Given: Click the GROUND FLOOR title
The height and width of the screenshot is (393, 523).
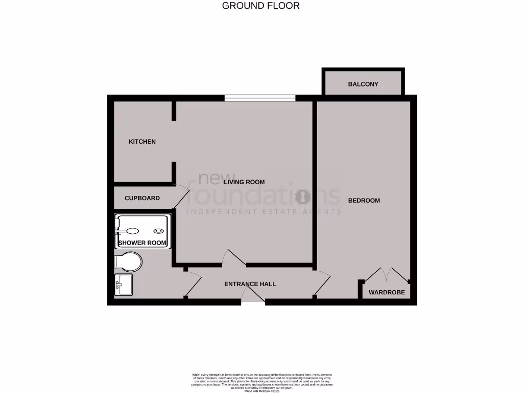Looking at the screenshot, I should coord(261,6).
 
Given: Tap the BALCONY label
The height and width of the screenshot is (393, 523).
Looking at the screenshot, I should coord(363,84).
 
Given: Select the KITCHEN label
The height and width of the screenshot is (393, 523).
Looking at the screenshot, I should coord(142,142).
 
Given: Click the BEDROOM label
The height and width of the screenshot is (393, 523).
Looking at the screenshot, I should coord(364,201).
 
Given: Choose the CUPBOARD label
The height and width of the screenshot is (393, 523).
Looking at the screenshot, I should coord(142,198).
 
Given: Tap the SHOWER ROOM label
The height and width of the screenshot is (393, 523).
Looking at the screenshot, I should coord(142,243).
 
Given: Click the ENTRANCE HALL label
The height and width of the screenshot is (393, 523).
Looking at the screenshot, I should coord(250,283).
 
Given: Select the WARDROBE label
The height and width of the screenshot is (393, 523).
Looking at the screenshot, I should coord(387,293).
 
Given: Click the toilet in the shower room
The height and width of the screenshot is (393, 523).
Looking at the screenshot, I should coord(129,261).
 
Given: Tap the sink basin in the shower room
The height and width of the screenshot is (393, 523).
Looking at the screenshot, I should coord(124,284).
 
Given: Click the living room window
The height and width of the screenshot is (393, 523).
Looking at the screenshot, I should coord(260,98).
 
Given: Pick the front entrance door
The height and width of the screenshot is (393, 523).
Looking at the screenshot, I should coord(252,296).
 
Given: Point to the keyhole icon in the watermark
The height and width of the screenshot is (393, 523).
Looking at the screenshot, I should coord(303,196).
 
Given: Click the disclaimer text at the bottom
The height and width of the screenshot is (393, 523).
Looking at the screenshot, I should coord(261,382).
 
